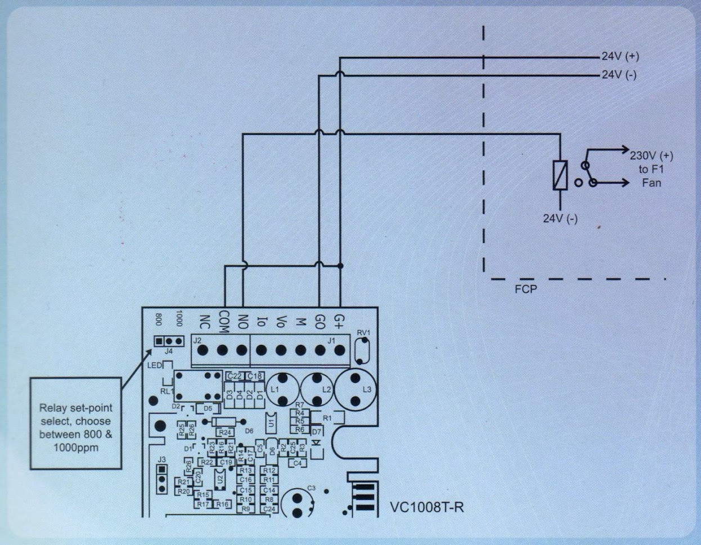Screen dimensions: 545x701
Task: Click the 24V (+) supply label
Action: coord(620,57)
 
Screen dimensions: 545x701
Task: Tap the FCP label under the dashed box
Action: coord(525,290)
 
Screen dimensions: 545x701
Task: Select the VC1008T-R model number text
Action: coord(427,507)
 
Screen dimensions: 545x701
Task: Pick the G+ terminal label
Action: coord(339,321)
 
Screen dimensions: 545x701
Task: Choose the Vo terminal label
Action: coord(281,322)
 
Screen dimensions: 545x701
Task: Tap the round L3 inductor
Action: coord(355,389)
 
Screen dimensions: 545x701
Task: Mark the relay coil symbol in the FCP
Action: coord(560,174)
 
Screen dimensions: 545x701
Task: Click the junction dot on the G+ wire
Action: coord(340,265)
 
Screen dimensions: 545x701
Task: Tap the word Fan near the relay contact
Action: coord(651,183)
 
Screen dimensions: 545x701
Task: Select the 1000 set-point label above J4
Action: coord(179,318)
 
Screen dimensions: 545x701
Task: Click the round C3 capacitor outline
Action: coord(298,502)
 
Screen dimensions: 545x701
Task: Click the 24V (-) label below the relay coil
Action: coord(560,219)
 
